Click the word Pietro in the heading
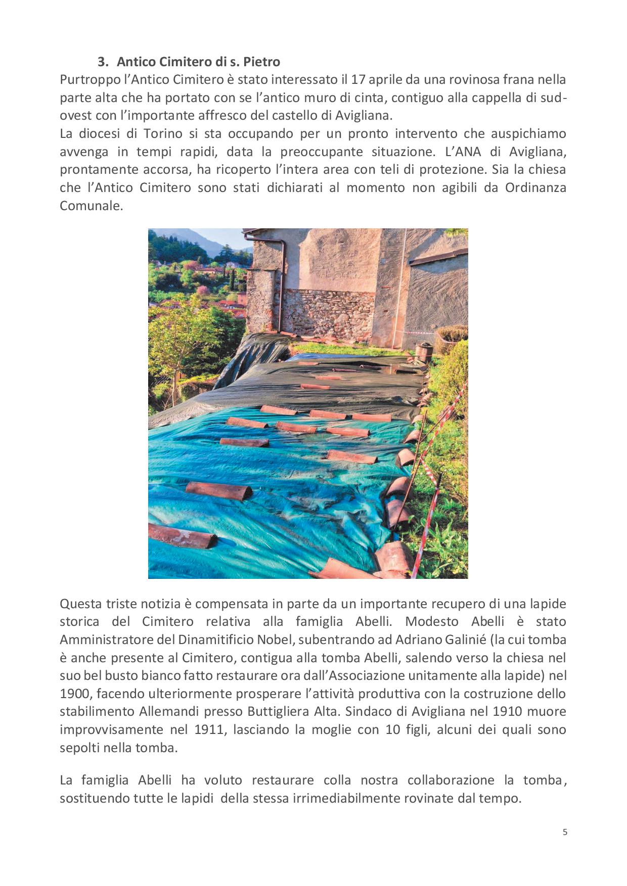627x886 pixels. point(261,62)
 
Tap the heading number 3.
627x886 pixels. point(102,62)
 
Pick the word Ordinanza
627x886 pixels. point(535,188)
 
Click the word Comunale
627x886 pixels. point(91,206)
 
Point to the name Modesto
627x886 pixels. point(432,622)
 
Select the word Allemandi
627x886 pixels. point(169,712)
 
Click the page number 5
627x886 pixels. point(565,832)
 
